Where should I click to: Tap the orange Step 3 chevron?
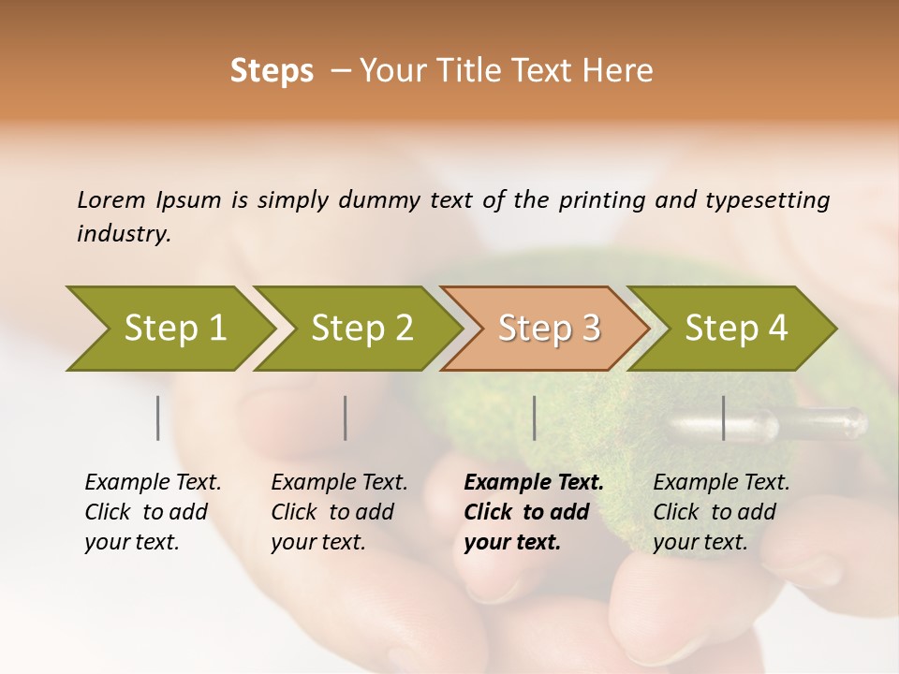[x=549, y=329]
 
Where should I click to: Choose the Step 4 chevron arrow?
[x=736, y=329]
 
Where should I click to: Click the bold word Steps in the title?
[x=272, y=71]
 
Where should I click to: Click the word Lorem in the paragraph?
[x=111, y=199]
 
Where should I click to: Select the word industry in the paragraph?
[x=123, y=234]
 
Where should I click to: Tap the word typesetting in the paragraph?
[x=769, y=199]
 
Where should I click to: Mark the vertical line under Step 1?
[x=158, y=418]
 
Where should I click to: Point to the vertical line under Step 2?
[x=346, y=418]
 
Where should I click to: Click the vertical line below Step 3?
[x=534, y=418]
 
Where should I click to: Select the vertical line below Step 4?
[x=723, y=418]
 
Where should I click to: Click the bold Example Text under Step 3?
[x=534, y=483]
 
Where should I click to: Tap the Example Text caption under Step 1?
[x=153, y=483]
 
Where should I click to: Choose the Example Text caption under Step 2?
[x=339, y=483]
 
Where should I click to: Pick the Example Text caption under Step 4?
[x=721, y=483]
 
